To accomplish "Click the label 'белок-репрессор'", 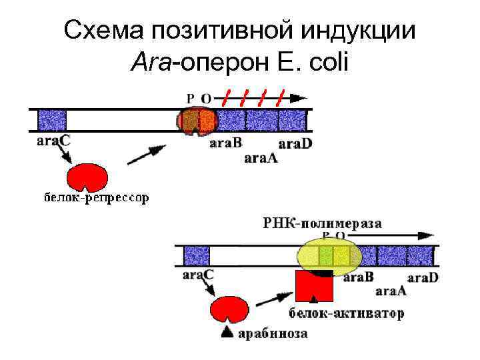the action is pos(96,198).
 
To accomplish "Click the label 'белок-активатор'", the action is pos(346,313).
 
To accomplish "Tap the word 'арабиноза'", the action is pos(273,333).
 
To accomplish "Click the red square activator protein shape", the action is pos(313,287).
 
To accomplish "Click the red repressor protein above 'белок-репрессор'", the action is pos(88,177).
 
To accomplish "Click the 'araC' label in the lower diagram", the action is pos(197,275).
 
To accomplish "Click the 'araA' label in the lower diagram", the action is pos(392,290).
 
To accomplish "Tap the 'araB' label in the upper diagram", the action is pos(226,143).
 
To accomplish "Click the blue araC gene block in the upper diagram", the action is pos(51,121).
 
